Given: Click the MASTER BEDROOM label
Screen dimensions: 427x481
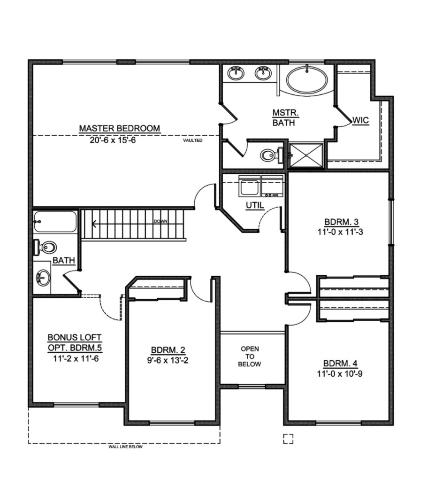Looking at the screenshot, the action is tap(120, 128).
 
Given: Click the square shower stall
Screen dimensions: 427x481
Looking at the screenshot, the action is tap(306, 155).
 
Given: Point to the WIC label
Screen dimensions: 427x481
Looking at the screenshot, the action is tap(360, 120).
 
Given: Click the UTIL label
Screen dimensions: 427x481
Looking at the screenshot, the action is tap(255, 205).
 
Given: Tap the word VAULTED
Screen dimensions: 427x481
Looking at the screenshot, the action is tap(193, 140).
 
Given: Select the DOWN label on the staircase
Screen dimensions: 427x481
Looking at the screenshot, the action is tap(160, 221).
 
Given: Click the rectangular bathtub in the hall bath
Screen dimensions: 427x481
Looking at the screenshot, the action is tap(55, 222).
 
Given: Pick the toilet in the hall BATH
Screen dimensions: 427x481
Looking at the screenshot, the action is tap(45, 247).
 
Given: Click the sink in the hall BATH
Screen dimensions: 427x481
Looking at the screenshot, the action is tap(43, 277).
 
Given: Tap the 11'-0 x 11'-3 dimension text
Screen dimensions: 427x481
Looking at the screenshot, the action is tap(340, 232).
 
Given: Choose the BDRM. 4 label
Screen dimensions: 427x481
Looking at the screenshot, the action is tap(340, 364).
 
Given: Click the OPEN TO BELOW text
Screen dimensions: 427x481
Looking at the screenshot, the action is tap(250, 357).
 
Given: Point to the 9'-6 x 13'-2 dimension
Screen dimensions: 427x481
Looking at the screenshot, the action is tap(168, 360).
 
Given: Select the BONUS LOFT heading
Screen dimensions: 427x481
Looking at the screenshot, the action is tap(75, 337).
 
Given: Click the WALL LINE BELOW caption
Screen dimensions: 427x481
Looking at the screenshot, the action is tap(125, 447).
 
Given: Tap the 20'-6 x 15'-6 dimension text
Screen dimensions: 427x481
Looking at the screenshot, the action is tap(113, 140).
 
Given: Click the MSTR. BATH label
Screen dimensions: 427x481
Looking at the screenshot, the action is tap(285, 118).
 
